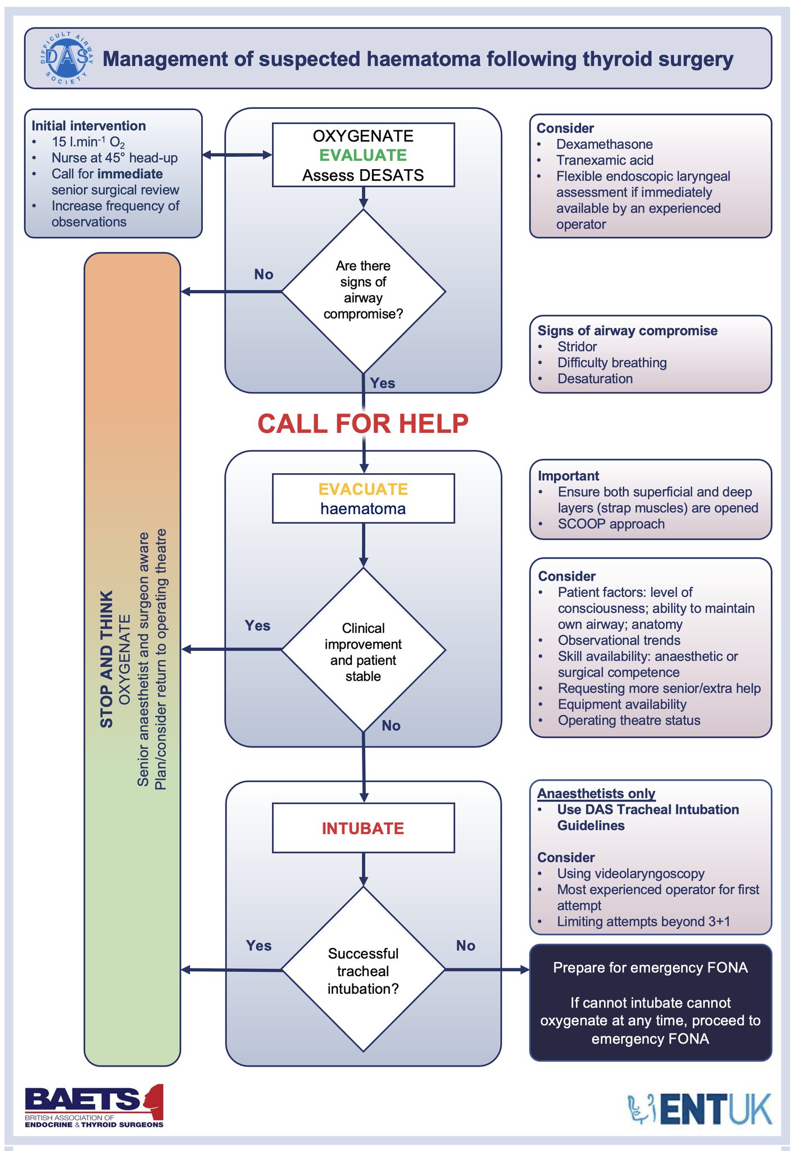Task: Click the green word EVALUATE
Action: (x=363, y=155)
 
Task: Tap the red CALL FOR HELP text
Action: (x=363, y=424)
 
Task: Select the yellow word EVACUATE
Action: (x=363, y=489)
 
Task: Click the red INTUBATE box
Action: (x=363, y=828)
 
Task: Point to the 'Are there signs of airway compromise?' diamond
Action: (x=363, y=291)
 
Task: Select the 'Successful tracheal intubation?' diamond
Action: (x=363, y=970)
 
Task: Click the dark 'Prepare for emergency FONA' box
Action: (x=650, y=1003)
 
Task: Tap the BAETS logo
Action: (x=94, y=1107)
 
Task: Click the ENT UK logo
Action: (x=700, y=1108)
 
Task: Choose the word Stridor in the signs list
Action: (x=577, y=347)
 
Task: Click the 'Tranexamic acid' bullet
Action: (x=605, y=160)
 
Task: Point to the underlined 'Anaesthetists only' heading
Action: (x=596, y=794)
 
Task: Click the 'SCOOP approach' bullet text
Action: (x=611, y=524)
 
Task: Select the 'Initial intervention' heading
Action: (x=89, y=126)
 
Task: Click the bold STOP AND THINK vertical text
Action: (x=106, y=659)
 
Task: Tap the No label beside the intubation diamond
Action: (x=465, y=945)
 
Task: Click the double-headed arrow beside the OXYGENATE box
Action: (x=237, y=155)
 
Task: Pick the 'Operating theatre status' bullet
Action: (x=629, y=720)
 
